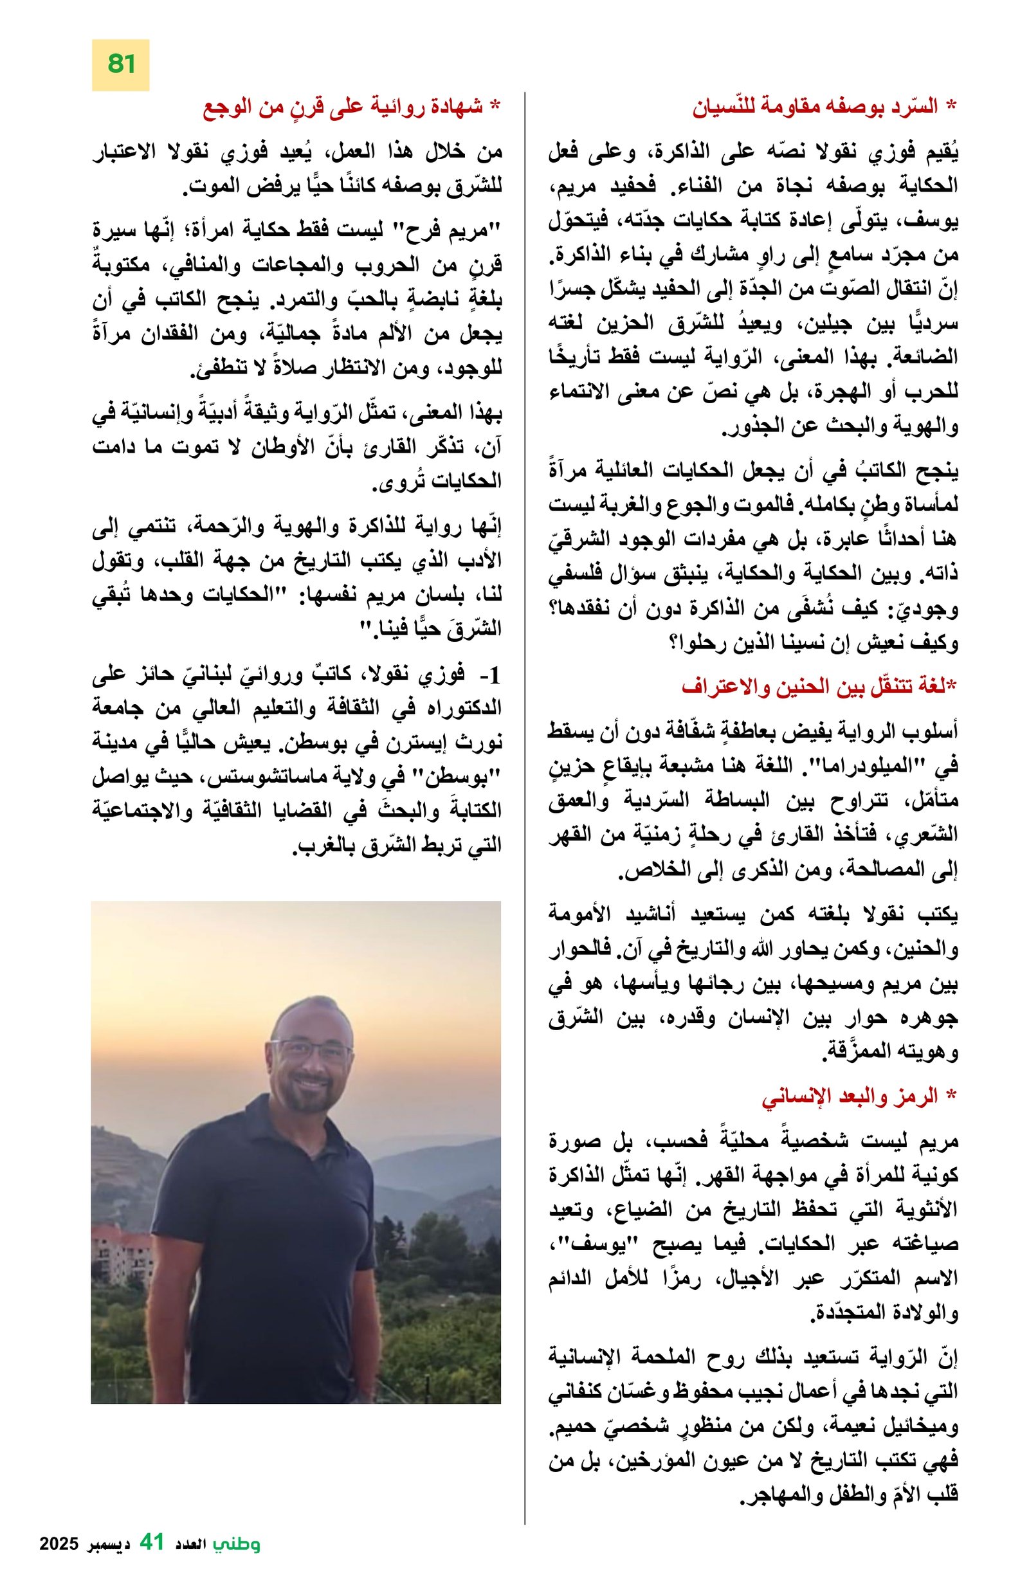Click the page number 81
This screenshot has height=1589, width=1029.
pos(120,65)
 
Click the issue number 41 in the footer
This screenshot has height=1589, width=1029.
pos(152,1561)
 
